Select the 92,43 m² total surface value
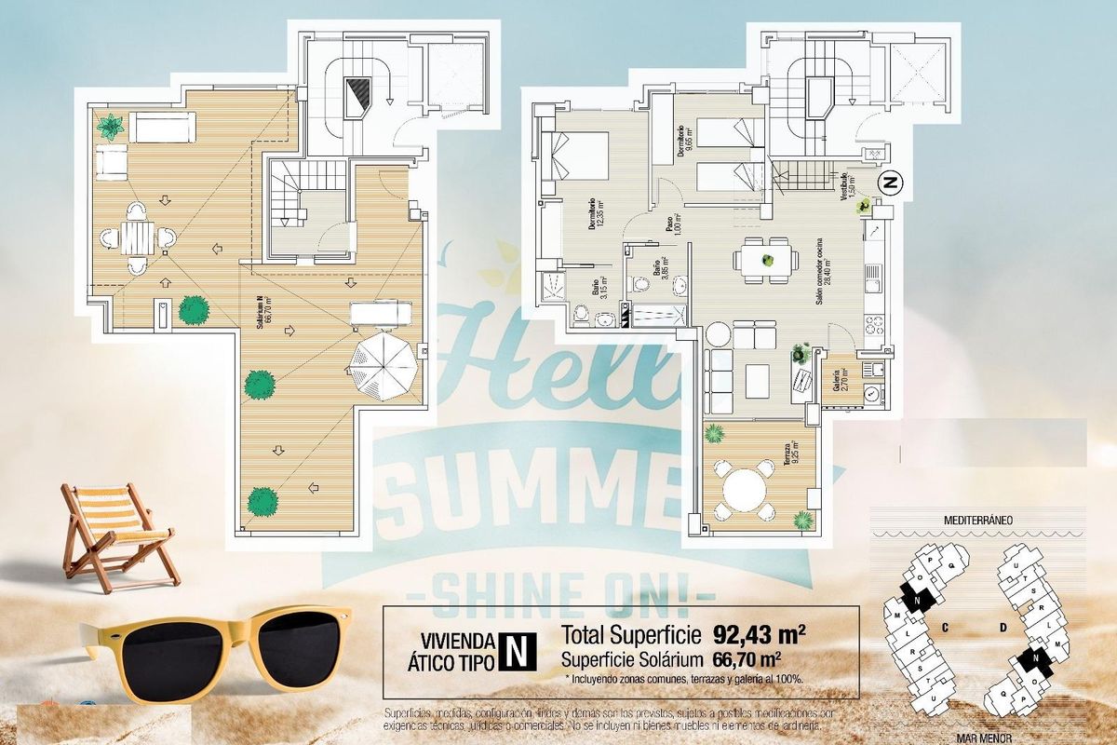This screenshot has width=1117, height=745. tap(759, 635)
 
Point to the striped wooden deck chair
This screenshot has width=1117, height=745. tap(115, 534)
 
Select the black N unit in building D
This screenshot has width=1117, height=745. tap(1031, 661)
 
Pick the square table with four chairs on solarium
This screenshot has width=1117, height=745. tap(138, 237)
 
